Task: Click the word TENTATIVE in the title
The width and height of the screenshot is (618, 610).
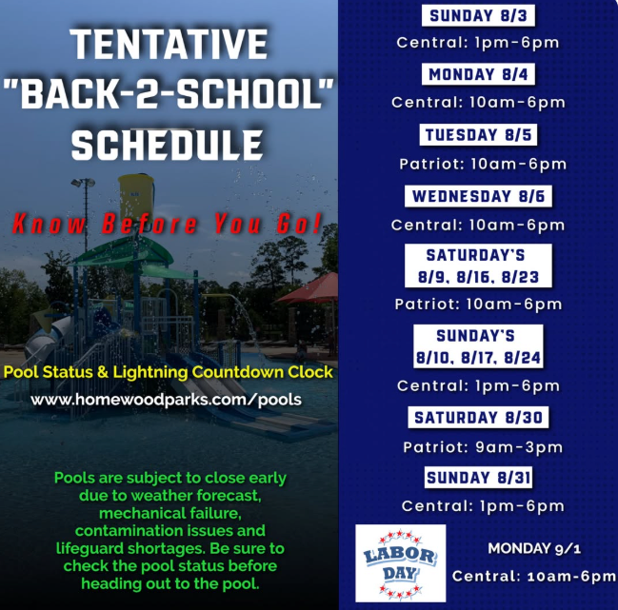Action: [x=169, y=44]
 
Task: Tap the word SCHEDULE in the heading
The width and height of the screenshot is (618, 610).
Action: [x=167, y=145]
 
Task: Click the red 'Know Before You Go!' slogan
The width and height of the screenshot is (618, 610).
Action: [x=167, y=224]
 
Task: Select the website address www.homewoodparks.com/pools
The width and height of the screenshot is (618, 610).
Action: [x=166, y=400]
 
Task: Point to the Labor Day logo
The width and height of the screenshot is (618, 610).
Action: [x=401, y=563]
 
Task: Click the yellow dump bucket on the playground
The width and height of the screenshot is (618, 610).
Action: [x=136, y=196]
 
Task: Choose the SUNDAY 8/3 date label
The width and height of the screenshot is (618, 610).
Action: [x=478, y=16]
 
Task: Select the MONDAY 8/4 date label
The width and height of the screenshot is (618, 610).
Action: [x=478, y=74]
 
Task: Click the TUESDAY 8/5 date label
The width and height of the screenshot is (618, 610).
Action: [x=478, y=135]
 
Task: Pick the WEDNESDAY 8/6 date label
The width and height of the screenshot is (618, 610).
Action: [x=478, y=196]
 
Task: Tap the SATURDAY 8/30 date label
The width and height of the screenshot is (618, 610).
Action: [x=478, y=417]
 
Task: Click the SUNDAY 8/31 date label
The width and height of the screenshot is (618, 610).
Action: [x=478, y=478]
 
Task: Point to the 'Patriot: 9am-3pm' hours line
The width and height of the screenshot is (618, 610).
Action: [x=483, y=447]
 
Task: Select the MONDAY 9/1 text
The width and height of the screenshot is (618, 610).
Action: [x=534, y=548]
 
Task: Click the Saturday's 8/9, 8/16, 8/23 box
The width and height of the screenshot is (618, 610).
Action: [x=478, y=266]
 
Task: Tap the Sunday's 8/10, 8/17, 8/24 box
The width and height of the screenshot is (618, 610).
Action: [x=478, y=346]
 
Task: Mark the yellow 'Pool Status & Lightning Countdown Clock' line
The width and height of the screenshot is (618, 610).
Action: [x=169, y=372]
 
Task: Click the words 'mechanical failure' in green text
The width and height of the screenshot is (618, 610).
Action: [x=170, y=513]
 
